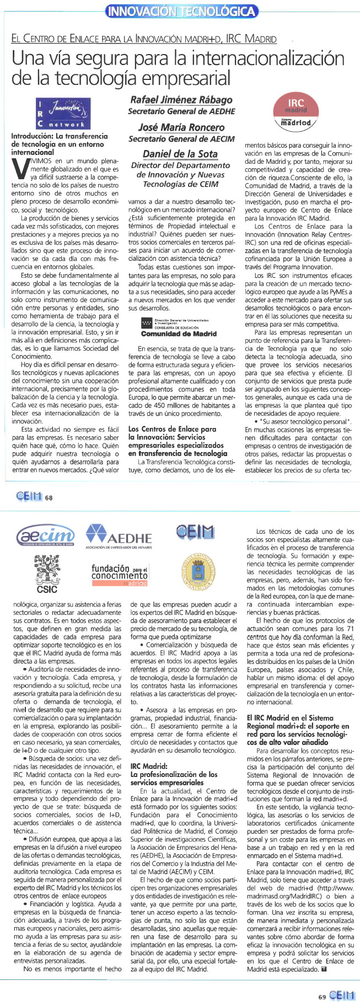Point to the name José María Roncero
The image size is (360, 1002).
(x=181, y=127)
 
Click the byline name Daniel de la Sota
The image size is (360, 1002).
(x=181, y=153)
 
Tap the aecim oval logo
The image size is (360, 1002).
(x=46, y=535)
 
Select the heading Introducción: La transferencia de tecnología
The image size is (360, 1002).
(x=60, y=143)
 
